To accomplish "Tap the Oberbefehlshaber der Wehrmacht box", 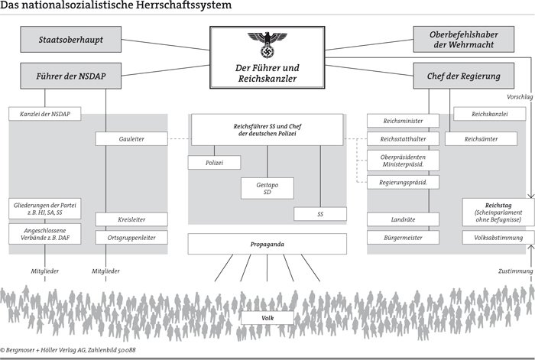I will pyautogui.click(x=463, y=39).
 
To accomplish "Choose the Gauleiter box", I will pyautogui.click(x=131, y=139).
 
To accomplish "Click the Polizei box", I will pyautogui.click(x=215, y=163).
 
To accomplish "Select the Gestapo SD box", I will pyautogui.click(x=267, y=188).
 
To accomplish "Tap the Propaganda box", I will pyautogui.click(x=267, y=243).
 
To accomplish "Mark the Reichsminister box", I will pyautogui.click(x=403, y=121).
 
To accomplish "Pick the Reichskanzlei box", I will pyautogui.click(x=489, y=115).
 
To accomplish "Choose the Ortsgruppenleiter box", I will pyautogui.click(x=131, y=238).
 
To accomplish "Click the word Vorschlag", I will pyautogui.click(x=519, y=97).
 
